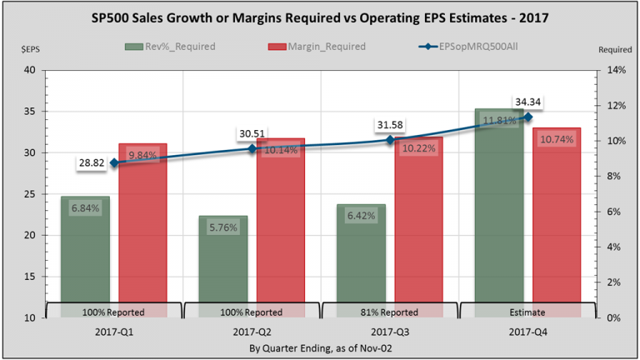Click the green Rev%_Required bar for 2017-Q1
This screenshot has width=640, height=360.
click(x=85, y=250)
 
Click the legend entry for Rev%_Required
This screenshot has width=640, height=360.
click(x=170, y=46)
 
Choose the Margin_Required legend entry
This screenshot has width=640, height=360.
click(x=307, y=46)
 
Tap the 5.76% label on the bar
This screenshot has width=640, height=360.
click(x=223, y=226)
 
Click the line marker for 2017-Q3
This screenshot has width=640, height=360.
click(x=388, y=140)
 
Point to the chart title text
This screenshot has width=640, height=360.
click(x=320, y=19)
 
